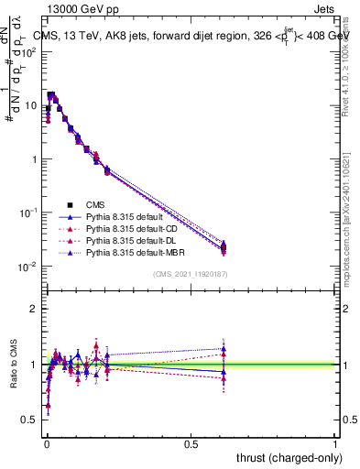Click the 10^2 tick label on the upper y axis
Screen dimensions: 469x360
[x=29, y=51]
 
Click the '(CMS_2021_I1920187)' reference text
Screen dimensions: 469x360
[x=190, y=274]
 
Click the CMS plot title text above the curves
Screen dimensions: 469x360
[x=197, y=36]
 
